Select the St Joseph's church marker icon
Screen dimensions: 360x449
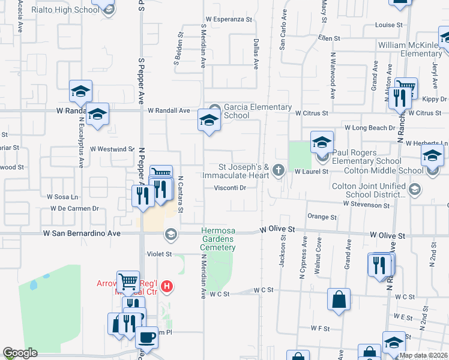click(x=278, y=170)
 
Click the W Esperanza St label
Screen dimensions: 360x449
click(x=229, y=19)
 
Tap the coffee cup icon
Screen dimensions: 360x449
click(x=146, y=337)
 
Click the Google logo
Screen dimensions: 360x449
click(x=20, y=353)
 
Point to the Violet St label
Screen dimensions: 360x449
click(x=160, y=254)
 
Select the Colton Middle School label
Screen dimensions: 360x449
click(x=378, y=170)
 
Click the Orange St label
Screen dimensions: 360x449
click(x=322, y=217)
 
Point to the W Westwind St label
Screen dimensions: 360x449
click(x=112, y=149)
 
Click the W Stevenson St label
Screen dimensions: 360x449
click(x=366, y=205)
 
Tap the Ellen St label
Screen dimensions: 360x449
click(x=329, y=38)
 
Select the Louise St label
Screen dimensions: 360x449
click(x=388, y=25)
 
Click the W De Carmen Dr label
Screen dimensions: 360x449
click(x=74, y=208)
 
